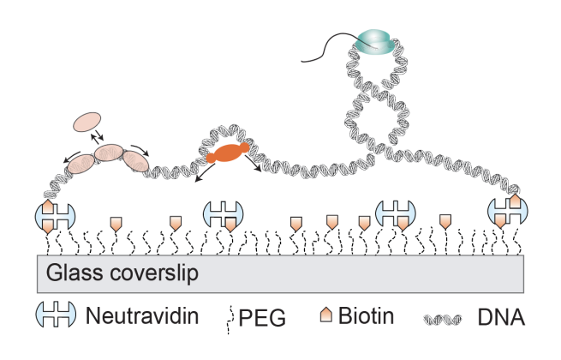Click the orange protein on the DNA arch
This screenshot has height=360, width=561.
(228, 154)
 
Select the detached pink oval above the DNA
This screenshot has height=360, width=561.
(87, 124)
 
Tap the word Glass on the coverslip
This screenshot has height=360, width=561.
(73, 275)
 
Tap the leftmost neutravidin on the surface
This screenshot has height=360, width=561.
(49, 215)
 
